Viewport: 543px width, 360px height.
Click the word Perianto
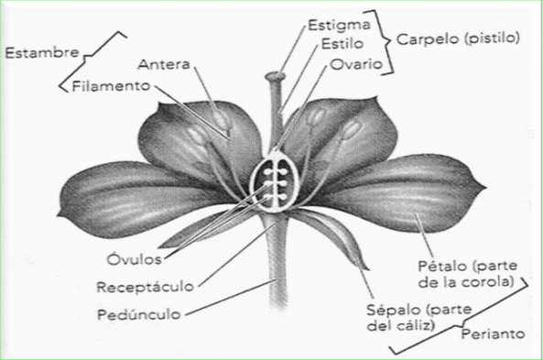click(x=494, y=334)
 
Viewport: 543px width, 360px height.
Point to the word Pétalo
click(x=439, y=266)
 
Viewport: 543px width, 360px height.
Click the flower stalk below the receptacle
click(x=274, y=275)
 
